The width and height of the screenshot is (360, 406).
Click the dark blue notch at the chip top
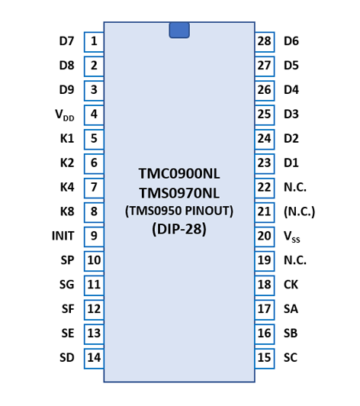(x=179, y=30)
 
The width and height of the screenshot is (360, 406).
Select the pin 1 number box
(x=94, y=42)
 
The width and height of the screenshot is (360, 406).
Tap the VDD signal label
(x=65, y=114)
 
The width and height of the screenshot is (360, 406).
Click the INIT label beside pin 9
(x=63, y=236)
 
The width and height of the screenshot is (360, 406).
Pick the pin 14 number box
(x=94, y=359)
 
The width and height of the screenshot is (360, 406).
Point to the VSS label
(x=292, y=237)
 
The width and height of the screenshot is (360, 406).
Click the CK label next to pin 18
(x=291, y=285)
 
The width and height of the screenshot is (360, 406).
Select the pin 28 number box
(x=265, y=42)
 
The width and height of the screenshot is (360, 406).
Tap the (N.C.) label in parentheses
(x=300, y=211)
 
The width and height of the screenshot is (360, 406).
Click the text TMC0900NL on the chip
(x=179, y=173)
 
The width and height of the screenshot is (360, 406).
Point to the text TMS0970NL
(x=179, y=193)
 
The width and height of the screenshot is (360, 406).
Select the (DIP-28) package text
(x=179, y=229)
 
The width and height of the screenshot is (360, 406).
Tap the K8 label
(x=67, y=211)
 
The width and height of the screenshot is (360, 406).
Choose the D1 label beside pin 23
(x=291, y=163)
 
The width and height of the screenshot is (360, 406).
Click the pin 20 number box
(x=265, y=237)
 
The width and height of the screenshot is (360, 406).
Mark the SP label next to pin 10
(x=68, y=260)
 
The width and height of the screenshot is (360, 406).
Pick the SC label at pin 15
(x=291, y=358)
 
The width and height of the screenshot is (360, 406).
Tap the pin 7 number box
(x=94, y=188)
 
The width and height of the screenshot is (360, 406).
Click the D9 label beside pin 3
(x=67, y=90)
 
